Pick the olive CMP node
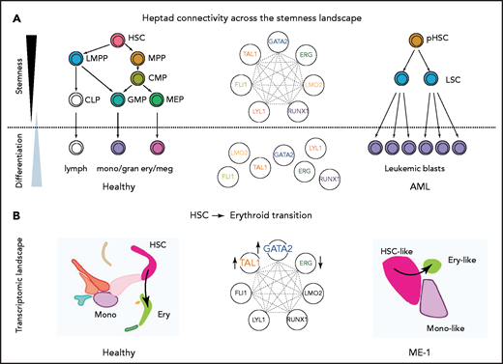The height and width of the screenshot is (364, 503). point(137,79)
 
